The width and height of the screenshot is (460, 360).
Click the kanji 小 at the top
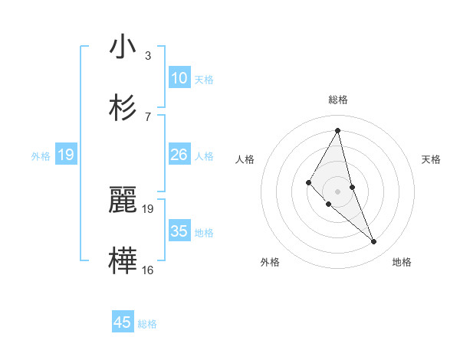pos(123,47)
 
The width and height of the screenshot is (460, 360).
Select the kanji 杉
pos(123,106)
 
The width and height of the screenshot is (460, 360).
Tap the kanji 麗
pos(123,200)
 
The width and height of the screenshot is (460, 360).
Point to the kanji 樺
pos(123,260)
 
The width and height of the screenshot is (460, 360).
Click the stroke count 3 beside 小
pos(148,55)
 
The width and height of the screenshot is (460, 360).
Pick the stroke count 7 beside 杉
pos(148,116)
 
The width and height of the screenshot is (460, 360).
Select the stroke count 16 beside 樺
pos(148,270)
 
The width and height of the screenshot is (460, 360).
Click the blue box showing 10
pos(179,78)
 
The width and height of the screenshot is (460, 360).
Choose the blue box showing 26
pos(179,155)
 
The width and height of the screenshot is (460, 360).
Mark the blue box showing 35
pos(179,231)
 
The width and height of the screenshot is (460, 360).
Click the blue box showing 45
pos(123,322)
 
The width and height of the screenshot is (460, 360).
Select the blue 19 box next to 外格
pos(66,155)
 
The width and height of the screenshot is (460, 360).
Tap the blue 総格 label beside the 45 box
pos(147,324)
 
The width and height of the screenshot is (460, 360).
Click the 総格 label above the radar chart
pos(338,100)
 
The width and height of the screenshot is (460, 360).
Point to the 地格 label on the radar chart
pos(402,262)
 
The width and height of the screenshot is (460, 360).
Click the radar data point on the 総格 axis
pos(338,129)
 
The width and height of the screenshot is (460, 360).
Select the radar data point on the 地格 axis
pos(374,242)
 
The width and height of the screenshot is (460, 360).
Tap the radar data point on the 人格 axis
pos(308,182)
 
